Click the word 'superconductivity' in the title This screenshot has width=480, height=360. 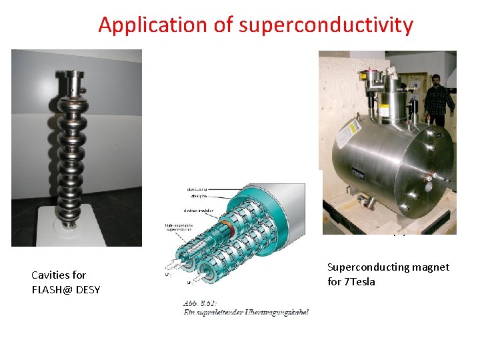[x=326, y=25]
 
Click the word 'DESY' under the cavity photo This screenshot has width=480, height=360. [x=89, y=289]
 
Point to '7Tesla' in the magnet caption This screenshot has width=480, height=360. [x=361, y=281]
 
